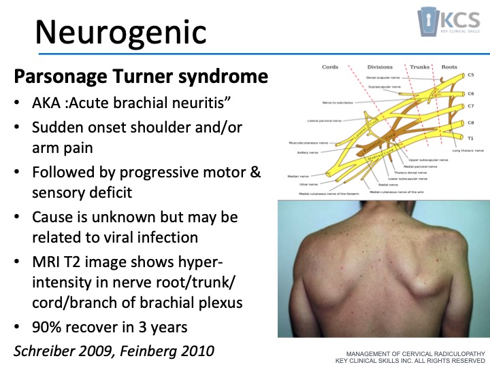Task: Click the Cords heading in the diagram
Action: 331,67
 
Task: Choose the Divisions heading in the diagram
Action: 380,67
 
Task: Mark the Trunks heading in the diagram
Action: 419,67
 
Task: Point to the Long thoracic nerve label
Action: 468,150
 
